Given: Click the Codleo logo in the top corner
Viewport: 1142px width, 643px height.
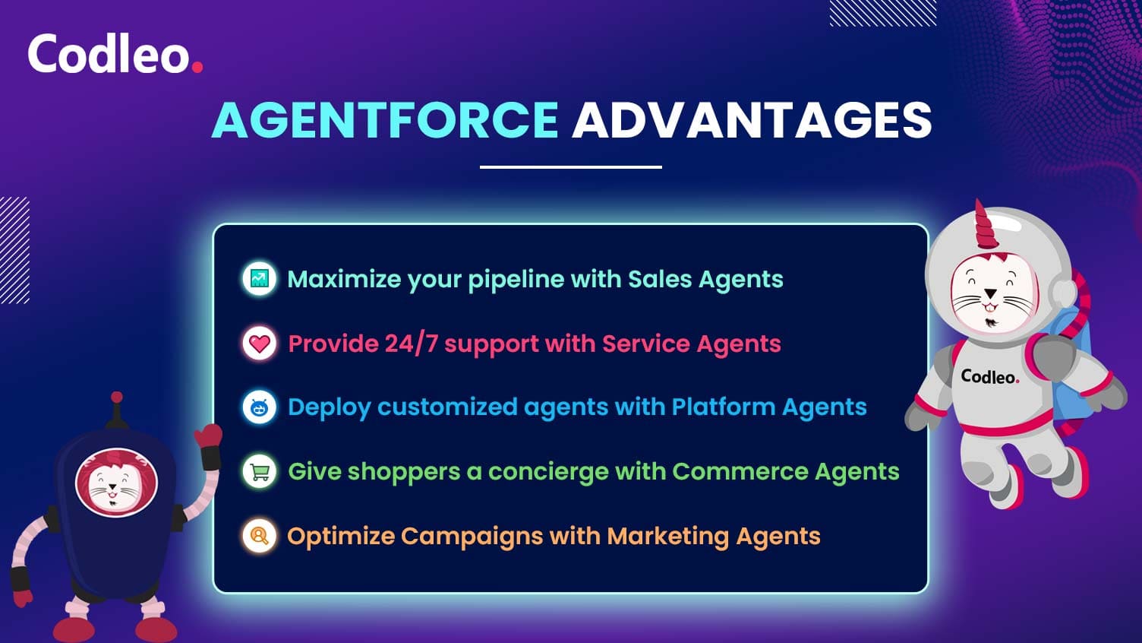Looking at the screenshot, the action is [x=115, y=54].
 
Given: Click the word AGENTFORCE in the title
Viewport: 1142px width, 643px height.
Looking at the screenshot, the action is [x=386, y=120].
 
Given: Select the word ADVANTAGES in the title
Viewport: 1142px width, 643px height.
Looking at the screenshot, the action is [x=752, y=120].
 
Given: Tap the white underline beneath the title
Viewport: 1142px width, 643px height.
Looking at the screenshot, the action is [x=571, y=167].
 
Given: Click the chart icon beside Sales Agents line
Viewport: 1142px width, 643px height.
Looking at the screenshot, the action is [x=260, y=279].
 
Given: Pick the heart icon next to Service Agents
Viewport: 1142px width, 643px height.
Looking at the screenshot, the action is [x=260, y=344].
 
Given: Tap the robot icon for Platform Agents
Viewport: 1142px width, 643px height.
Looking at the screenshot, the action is [x=260, y=407].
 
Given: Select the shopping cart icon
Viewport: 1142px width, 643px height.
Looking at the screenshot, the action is [x=260, y=471].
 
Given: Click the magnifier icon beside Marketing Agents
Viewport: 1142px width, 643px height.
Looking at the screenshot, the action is [x=260, y=536].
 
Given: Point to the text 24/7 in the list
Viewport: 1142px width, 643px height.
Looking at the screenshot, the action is [x=412, y=344].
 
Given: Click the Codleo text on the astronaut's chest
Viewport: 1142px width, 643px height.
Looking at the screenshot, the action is [x=989, y=377].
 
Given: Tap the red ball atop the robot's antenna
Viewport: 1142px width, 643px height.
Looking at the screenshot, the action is [x=117, y=397].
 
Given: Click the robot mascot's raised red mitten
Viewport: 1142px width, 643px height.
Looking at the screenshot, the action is [x=209, y=436].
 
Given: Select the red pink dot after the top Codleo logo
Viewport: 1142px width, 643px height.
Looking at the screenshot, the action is [x=197, y=67].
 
